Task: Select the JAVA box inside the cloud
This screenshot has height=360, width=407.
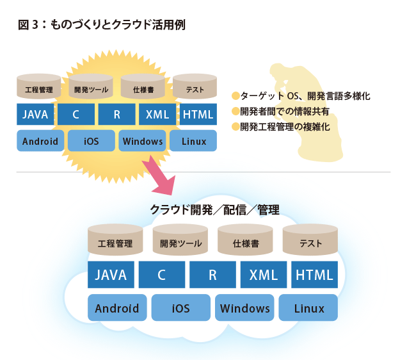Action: tap(111, 275)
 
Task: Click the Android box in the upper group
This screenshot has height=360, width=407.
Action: tap(40, 141)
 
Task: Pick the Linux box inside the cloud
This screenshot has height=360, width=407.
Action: tap(310, 308)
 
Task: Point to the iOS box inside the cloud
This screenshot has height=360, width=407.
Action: tap(181, 308)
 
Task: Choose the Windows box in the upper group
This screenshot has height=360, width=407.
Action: tap(143, 141)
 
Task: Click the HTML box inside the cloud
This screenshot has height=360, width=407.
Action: tap(314, 275)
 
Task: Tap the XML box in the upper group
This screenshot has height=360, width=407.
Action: tap(157, 115)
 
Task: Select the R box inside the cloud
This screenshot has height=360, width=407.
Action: tap(212, 275)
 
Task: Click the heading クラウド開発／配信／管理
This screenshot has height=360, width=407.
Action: tap(214, 209)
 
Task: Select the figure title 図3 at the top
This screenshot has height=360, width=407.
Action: tap(102, 26)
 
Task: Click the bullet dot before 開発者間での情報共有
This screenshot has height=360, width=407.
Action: tap(235, 111)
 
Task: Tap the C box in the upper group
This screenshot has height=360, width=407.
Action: tap(76, 115)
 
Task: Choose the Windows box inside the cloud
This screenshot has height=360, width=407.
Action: tap(245, 308)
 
